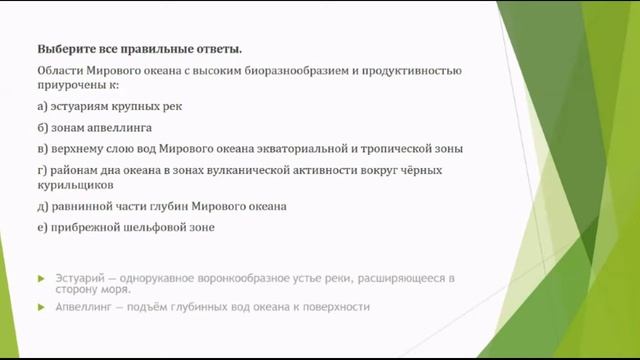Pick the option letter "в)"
coord(42,149)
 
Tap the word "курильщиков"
coord(74,185)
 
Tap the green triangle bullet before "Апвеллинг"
coord(41,307)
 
